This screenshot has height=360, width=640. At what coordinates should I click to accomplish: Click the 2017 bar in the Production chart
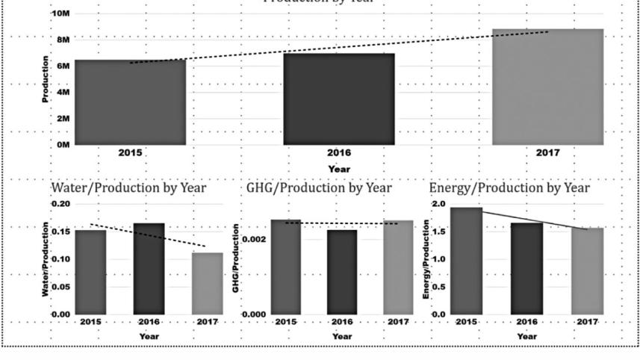click(547, 87)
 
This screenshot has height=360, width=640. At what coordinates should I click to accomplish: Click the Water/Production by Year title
click(128, 187)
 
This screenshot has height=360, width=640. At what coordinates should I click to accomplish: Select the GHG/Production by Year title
click(319, 187)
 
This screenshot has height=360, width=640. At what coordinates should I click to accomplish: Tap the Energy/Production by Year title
click(510, 187)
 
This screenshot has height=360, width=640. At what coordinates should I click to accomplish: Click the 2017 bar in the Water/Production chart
click(207, 283)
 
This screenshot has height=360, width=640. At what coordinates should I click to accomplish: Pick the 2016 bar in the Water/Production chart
click(149, 268)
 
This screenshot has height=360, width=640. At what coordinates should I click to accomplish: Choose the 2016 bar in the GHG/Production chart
click(342, 272)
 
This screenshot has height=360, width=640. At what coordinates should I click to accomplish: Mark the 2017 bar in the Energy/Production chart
click(588, 270)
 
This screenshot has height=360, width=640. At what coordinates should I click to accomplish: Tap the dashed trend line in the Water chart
click(148, 235)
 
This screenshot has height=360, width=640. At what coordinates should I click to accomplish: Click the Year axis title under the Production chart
click(339, 170)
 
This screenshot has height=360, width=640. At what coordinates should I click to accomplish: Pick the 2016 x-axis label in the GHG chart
click(342, 322)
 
